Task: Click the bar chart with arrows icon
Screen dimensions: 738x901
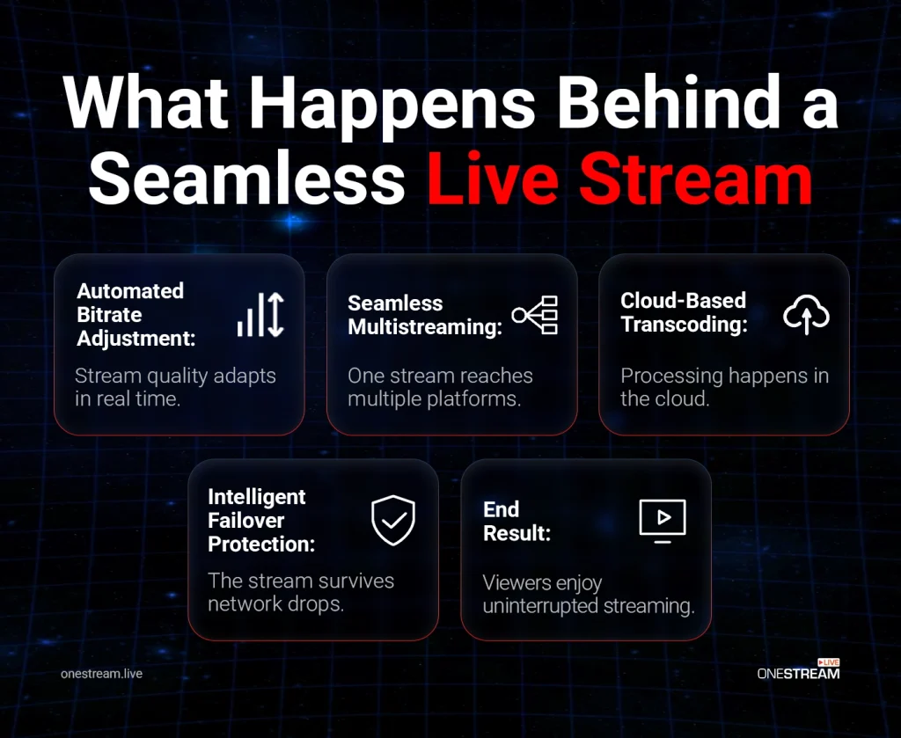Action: point(260,315)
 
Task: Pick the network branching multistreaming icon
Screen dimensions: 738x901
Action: point(535,315)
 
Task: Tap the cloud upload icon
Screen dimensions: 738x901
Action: point(806,315)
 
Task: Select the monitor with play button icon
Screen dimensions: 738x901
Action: point(662,520)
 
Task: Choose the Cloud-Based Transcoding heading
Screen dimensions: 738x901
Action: point(683,312)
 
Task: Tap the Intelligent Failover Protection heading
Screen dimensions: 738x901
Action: point(261,520)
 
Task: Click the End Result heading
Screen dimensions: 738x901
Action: point(516,521)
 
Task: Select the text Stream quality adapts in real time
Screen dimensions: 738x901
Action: point(175,388)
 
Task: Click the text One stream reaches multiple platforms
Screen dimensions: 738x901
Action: point(441,388)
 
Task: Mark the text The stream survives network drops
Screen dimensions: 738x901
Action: point(301,592)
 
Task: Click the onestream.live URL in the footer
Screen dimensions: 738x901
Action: point(102,674)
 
